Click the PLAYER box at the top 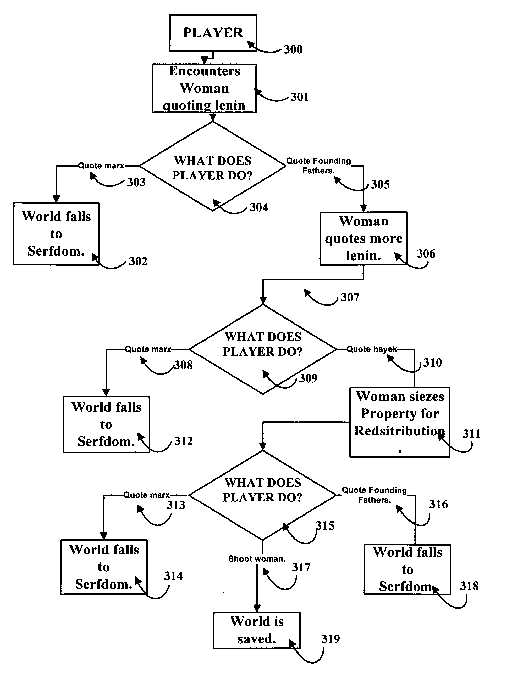point(213,33)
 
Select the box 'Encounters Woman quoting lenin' point(204,88)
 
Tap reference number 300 point(293,49)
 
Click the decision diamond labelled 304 point(213,167)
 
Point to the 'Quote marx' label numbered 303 point(101,166)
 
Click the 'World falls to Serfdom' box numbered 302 point(56,234)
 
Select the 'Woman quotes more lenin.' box point(364,238)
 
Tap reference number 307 point(350,297)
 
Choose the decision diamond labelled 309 point(263,349)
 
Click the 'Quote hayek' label point(372,349)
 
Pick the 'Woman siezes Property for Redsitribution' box point(400,422)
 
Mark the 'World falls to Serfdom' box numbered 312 point(106,424)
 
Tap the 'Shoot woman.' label point(257,559)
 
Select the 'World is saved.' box point(257,630)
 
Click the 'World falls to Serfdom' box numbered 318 point(407,569)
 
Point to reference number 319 point(330,639)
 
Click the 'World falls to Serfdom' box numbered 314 point(104,567)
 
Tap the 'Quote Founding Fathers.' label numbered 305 point(318,166)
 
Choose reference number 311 point(471,434)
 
